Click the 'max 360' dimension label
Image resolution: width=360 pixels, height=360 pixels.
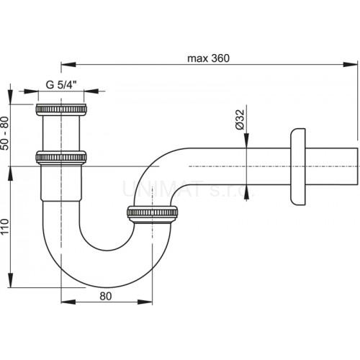(x=208, y=58)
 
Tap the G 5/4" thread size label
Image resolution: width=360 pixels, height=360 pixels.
(x=61, y=85)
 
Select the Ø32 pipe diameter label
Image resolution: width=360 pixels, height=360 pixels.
(x=240, y=120)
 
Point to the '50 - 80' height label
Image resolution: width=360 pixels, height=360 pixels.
(x=5, y=133)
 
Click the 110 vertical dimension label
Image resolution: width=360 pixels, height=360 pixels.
(x=5, y=227)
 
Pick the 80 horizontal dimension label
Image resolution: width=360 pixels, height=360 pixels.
(x=106, y=296)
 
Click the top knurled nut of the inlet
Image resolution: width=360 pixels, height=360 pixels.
(x=61, y=109)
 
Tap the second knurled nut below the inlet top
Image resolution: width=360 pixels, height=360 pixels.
(x=61, y=158)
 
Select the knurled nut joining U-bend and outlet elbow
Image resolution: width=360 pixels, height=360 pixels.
(x=153, y=213)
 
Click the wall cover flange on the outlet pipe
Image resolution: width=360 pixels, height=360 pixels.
(x=298, y=167)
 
